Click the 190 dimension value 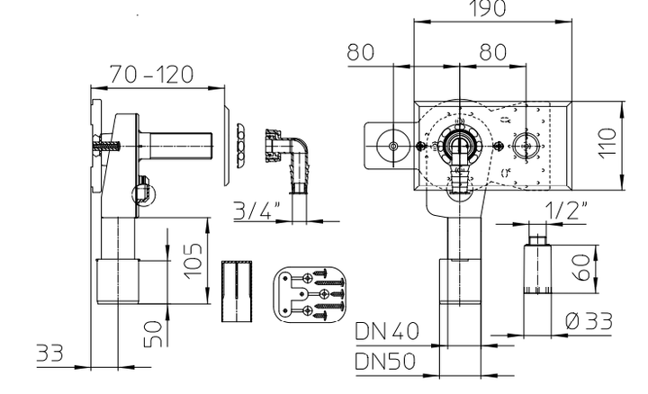(x=489, y=8)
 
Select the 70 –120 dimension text (x=151, y=75)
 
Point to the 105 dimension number (x=193, y=261)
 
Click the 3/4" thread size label (x=257, y=210)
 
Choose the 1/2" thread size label (x=566, y=210)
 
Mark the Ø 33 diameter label (x=589, y=322)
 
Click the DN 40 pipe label (x=387, y=331)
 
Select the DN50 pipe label (x=385, y=362)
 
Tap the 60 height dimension (x=582, y=267)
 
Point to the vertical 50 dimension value (x=153, y=334)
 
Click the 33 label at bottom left (x=50, y=354)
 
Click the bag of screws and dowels (x=310, y=294)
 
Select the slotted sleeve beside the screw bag (x=237, y=291)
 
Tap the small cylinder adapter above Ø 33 (x=537, y=264)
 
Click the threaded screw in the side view (x=107, y=147)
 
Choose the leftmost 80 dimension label (x=361, y=52)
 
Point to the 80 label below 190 (x=493, y=52)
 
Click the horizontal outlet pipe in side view (x=176, y=147)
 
